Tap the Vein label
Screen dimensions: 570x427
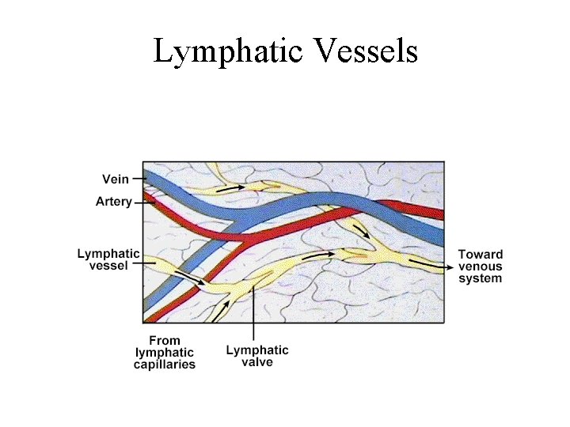(116, 179)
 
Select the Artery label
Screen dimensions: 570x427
(113, 202)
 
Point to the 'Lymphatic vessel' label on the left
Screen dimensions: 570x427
(108, 259)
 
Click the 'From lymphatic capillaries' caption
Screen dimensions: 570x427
(164, 353)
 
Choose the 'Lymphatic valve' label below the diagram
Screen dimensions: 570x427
(257, 356)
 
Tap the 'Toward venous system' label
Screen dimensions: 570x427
(480, 266)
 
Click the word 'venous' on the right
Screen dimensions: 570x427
(480, 266)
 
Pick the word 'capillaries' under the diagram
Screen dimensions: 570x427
(164, 365)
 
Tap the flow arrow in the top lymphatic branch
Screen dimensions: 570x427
(233, 188)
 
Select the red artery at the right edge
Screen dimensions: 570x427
(431, 212)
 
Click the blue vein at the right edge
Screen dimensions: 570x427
(431, 231)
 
